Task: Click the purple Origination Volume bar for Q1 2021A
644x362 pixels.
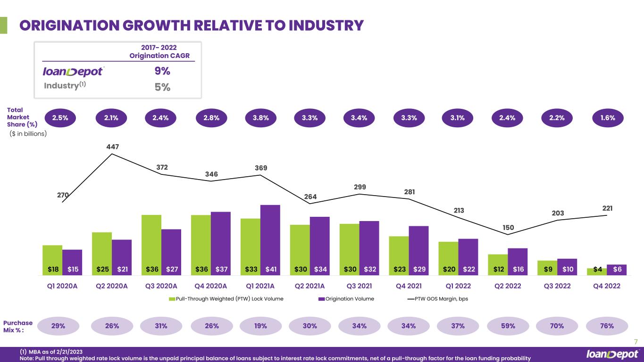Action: [x=270, y=236]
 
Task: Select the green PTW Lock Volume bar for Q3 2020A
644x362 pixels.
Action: [x=151, y=240]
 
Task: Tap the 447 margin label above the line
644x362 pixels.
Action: [x=112, y=147]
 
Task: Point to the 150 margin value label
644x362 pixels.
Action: [x=508, y=228]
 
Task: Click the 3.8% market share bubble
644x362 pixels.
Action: [x=260, y=118]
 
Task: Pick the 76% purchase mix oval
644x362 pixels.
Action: [x=607, y=326]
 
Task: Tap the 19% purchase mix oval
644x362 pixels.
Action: [x=260, y=326]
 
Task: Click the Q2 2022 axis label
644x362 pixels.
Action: [x=508, y=286]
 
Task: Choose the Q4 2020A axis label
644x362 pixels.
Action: [x=211, y=286]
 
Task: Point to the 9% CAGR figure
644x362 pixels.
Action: [x=163, y=71]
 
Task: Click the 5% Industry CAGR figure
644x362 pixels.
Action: [x=163, y=87]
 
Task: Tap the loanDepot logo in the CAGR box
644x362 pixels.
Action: [x=73, y=71]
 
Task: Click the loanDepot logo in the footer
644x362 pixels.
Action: [x=612, y=354]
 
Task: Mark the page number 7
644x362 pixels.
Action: [x=636, y=341]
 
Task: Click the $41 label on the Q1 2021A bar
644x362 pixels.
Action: [x=270, y=269]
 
